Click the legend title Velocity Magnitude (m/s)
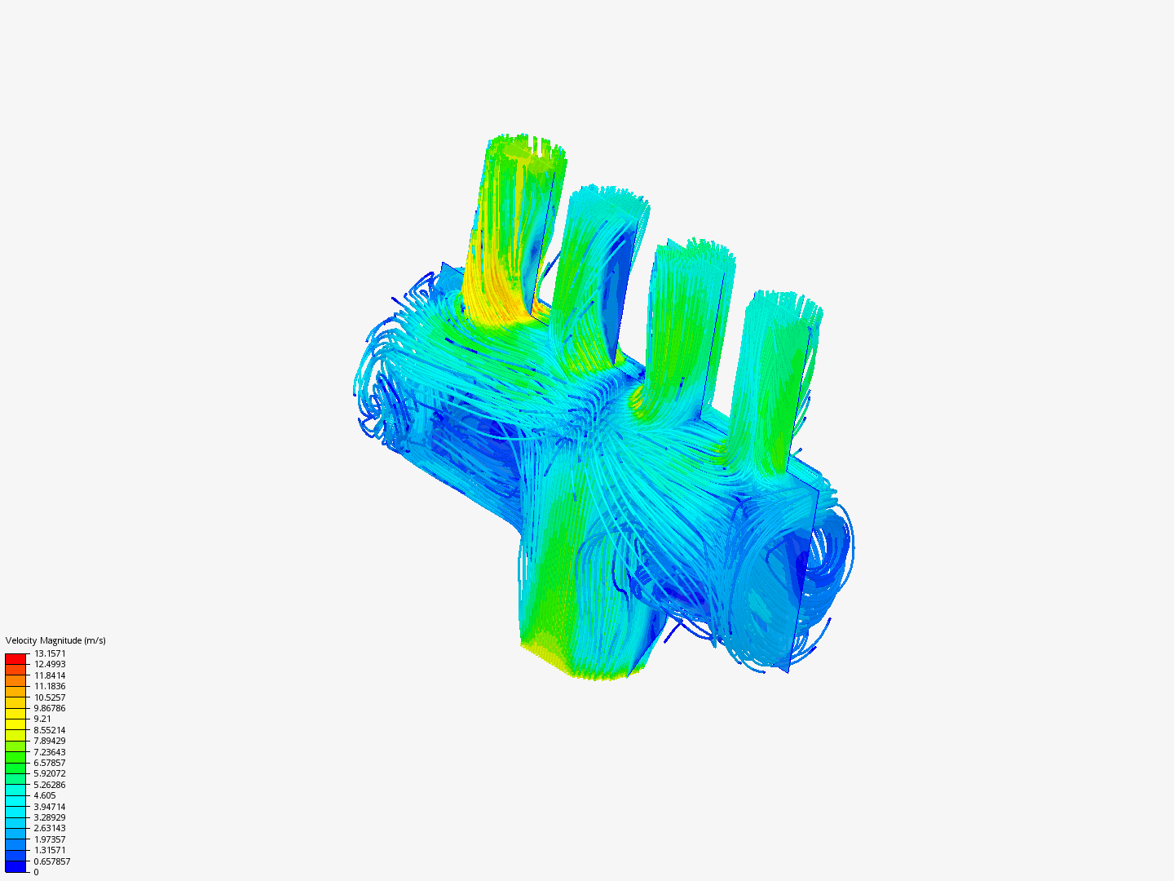pyautogui.click(x=55, y=640)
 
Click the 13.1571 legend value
pyautogui.click(x=50, y=653)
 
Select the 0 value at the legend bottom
pyautogui.click(x=36, y=872)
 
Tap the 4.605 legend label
pyautogui.click(x=45, y=795)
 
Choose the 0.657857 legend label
pyautogui.click(x=52, y=861)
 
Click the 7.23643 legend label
pyautogui.click(x=50, y=752)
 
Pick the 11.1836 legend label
pyautogui.click(x=50, y=686)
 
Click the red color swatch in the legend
pyautogui.click(x=15, y=658)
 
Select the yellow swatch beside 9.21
pyautogui.click(x=15, y=719)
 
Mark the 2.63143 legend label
pyautogui.click(x=50, y=828)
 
